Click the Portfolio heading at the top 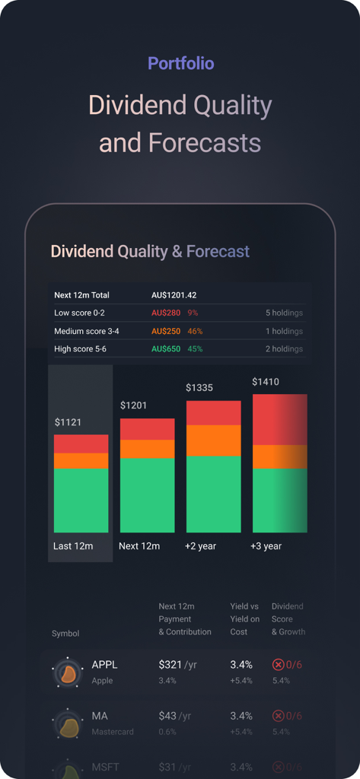(180, 64)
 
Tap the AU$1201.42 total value (174, 294)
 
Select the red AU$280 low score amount (165, 313)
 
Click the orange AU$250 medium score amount (165, 331)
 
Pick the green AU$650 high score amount (165, 349)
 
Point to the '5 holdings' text (284, 313)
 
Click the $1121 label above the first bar (68, 422)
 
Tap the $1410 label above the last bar (266, 381)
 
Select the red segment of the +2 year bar (213, 413)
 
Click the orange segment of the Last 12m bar (81, 461)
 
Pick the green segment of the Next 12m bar (147, 494)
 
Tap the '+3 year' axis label (266, 546)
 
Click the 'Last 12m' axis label (73, 546)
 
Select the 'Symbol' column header (65, 634)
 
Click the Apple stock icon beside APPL (67, 672)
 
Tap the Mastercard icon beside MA (67, 723)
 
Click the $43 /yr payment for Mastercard (177, 716)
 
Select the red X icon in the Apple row (279, 665)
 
